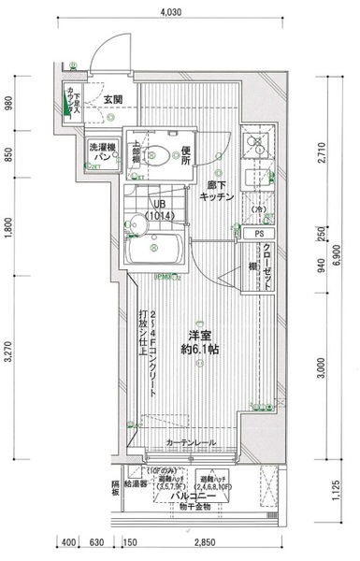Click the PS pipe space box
tap(259, 232)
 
